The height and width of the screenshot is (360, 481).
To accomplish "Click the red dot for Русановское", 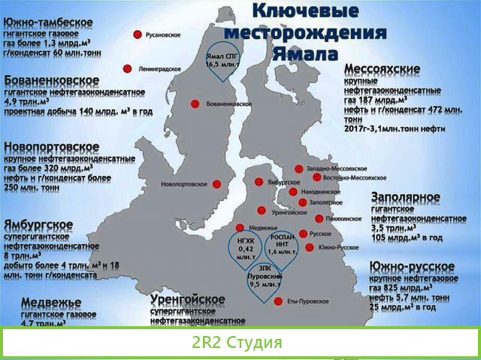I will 138,35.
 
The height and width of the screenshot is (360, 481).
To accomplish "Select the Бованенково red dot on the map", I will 195,104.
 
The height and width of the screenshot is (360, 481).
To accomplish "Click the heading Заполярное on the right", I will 405,197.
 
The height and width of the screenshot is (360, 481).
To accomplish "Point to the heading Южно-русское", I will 411,267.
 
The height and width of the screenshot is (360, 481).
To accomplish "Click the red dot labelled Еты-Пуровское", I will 280,301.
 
